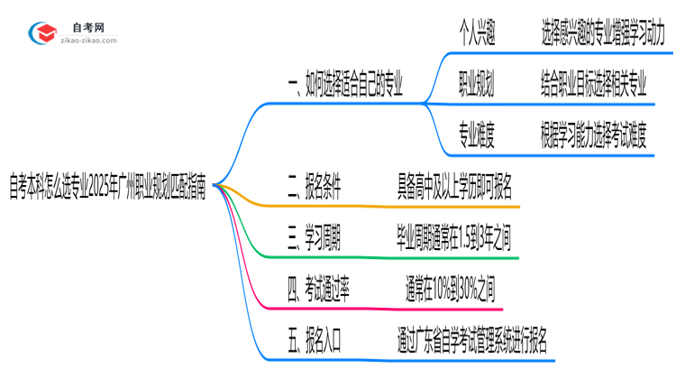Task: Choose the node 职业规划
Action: point(484,87)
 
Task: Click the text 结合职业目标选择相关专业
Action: point(595,87)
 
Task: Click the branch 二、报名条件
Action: point(313,188)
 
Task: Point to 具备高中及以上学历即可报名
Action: point(455,188)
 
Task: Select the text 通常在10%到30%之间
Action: point(450,289)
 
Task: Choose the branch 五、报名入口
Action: point(313,340)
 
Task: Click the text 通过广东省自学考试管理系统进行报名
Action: point(470,340)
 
